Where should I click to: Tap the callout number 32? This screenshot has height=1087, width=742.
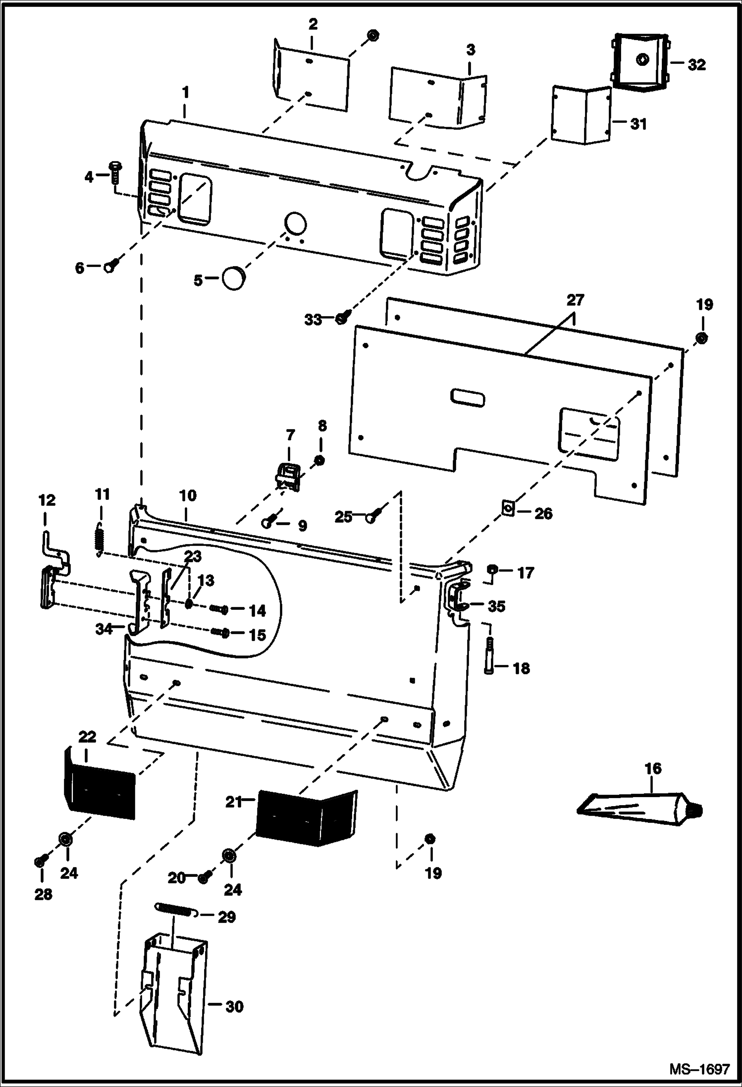point(696,65)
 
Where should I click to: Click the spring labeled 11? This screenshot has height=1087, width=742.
point(99,539)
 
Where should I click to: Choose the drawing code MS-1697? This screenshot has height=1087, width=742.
point(699,1069)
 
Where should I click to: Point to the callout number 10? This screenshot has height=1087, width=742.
point(188,495)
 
